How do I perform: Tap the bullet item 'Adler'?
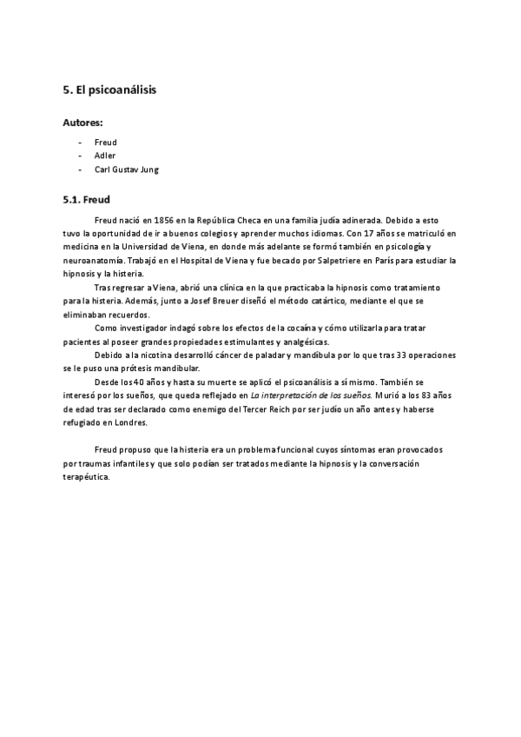[x=105, y=156]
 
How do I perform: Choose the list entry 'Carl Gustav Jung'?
[x=127, y=169]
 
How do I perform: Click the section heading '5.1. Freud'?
[x=86, y=199]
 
